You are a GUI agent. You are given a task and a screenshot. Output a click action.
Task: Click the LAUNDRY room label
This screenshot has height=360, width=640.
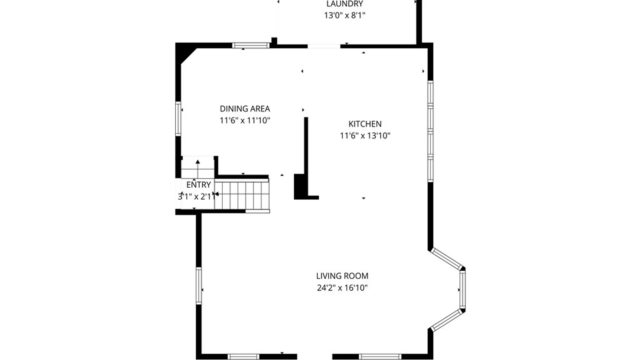coord(345,4)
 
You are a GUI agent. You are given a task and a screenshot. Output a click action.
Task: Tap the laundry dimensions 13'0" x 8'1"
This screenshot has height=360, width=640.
coord(345,15)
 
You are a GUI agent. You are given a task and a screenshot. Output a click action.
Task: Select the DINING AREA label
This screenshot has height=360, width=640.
coord(245,109)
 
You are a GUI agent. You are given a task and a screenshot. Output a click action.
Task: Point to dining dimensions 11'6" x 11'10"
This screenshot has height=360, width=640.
coord(245,120)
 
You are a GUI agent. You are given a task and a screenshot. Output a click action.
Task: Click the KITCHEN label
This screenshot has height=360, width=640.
coord(365,124)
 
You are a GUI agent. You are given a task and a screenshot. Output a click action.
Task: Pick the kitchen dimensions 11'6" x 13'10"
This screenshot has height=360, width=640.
coord(365,136)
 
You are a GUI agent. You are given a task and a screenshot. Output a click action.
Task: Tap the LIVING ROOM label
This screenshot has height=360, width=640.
coord(342,276)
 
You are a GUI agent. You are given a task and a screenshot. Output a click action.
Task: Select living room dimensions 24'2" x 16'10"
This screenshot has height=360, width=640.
coord(342,288)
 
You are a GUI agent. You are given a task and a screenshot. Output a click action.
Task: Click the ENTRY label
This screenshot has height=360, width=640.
coord(198,185)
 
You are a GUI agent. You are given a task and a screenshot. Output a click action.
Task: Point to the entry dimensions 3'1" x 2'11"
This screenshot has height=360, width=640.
coord(197,197)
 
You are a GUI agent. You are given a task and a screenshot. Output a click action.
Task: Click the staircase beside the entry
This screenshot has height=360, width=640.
coord(242,195)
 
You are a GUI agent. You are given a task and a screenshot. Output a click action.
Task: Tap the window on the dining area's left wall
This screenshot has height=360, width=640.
coord(178,119)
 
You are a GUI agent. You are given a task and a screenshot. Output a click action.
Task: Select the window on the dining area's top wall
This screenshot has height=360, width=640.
coord(251,45)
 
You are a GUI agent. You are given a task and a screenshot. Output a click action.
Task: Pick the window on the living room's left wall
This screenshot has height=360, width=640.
coord(199,286)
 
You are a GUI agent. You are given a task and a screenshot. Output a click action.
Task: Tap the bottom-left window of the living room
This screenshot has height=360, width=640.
coord(243,357)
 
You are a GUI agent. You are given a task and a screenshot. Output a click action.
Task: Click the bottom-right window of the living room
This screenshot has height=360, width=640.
coord(380,357)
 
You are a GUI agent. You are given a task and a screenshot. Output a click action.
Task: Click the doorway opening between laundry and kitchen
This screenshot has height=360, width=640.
coord(324,46)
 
